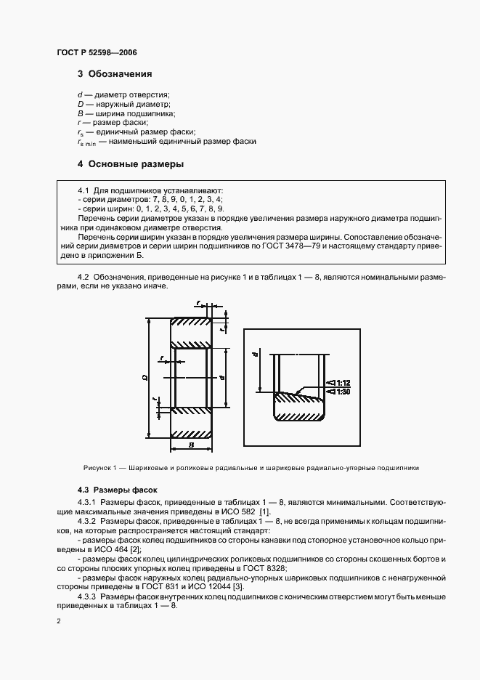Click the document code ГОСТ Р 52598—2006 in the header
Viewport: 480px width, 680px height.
tap(96, 53)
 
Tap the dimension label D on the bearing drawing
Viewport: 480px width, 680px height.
tap(145, 378)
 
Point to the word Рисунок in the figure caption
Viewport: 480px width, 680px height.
tap(97, 468)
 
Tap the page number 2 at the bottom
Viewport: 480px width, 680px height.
tap(59, 622)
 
